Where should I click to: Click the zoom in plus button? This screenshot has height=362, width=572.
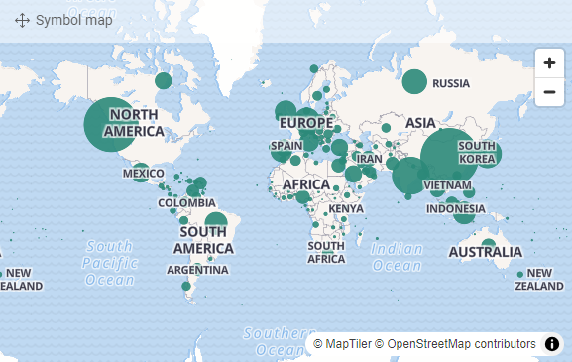[x=548, y=62]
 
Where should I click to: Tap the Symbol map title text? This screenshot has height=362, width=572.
[x=73, y=20]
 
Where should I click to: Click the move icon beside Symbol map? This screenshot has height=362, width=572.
[x=22, y=20]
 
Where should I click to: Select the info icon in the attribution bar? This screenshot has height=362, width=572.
[x=552, y=343]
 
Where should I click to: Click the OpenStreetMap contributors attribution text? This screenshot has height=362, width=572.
[x=461, y=343]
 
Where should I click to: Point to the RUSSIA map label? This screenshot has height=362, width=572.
[x=451, y=83]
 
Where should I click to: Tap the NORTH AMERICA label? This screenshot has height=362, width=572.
[x=133, y=123]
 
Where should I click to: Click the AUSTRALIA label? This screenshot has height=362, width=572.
[x=485, y=252]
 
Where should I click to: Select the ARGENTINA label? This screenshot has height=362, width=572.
[x=197, y=270]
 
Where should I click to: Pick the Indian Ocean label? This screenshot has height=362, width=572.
[x=397, y=257]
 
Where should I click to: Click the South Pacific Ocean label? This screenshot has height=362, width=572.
[x=109, y=263]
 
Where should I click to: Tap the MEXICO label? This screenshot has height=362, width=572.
[x=144, y=174]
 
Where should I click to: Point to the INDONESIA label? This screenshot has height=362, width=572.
[x=456, y=209]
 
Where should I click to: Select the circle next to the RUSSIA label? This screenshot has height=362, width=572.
[x=414, y=82]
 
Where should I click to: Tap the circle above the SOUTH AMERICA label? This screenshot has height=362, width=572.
[x=215, y=223]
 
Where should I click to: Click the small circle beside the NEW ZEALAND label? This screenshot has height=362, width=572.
[x=519, y=276]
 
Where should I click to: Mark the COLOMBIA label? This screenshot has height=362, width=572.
[x=186, y=203]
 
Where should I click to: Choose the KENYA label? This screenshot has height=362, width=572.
[x=346, y=209]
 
